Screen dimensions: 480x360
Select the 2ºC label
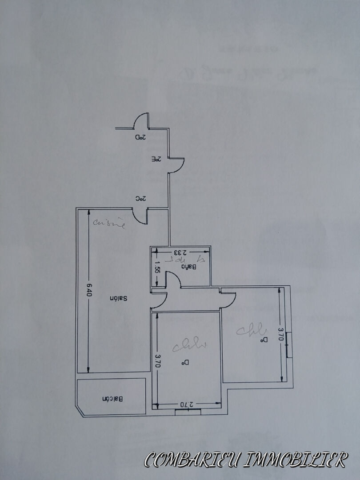click(x=140, y=199)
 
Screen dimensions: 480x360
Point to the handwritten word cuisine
click(x=109, y=224)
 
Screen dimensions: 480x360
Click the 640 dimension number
click(x=89, y=290)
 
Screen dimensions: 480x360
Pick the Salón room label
click(x=119, y=299)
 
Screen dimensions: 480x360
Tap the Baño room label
click(x=189, y=267)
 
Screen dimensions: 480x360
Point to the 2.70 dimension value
click(x=187, y=404)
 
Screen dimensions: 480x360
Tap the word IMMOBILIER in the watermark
click(x=302, y=460)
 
